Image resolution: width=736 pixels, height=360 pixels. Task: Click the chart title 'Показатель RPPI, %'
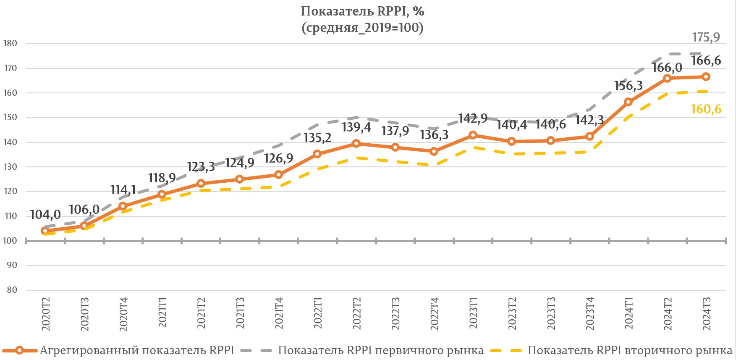tap(362, 11)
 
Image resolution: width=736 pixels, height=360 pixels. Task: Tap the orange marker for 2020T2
tap(45, 231)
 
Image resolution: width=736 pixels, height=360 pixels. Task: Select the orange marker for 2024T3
tap(706, 77)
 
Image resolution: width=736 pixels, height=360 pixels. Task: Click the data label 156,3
tap(628, 86)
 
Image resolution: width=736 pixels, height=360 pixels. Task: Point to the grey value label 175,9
tap(706, 37)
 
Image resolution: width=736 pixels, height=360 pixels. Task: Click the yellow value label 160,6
tap(706, 109)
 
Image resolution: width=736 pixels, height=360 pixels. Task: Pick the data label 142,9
tap(473, 118)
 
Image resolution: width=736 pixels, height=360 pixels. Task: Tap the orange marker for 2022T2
tap(356, 143)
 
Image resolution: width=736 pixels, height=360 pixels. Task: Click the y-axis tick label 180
tap(10, 43)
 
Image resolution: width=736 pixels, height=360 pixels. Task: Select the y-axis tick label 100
tap(10, 241)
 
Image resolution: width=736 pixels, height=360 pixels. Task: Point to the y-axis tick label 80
tap(12, 290)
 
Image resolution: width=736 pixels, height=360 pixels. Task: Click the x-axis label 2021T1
tap(162, 313)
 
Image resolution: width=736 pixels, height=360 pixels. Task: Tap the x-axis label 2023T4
tap(590, 313)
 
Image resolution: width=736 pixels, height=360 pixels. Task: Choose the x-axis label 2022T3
tap(396, 313)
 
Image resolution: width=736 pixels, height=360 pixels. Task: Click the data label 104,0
tap(45, 215)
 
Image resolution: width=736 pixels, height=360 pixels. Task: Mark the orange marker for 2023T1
tap(473, 135)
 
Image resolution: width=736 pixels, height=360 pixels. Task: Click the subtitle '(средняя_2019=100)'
tap(362, 28)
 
